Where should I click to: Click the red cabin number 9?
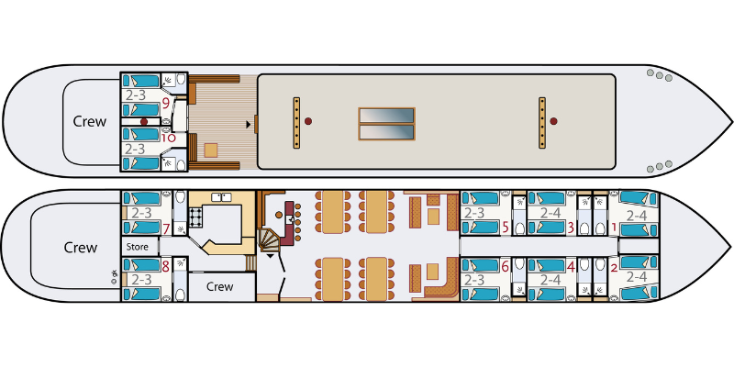tap(166, 103)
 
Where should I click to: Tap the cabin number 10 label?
tap(169, 138)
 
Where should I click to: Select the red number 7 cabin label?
tap(166, 228)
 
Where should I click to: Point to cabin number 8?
tap(165, 266)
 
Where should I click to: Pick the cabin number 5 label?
tap(506, 228)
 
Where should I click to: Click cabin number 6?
tap(505, 266)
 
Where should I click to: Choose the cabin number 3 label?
tap(571, 228)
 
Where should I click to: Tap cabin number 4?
tap(571, 266)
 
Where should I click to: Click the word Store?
tap(138, 246)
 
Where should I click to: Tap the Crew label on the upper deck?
tap(89, 122)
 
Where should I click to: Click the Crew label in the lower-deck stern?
tap(81, 247)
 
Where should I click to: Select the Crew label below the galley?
tap(220, 286)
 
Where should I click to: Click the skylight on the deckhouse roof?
tap(386, 124)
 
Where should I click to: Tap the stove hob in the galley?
tap(195, 216)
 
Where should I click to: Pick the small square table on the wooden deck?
tap(211, 150)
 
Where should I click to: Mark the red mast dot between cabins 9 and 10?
tap(144, 121)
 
